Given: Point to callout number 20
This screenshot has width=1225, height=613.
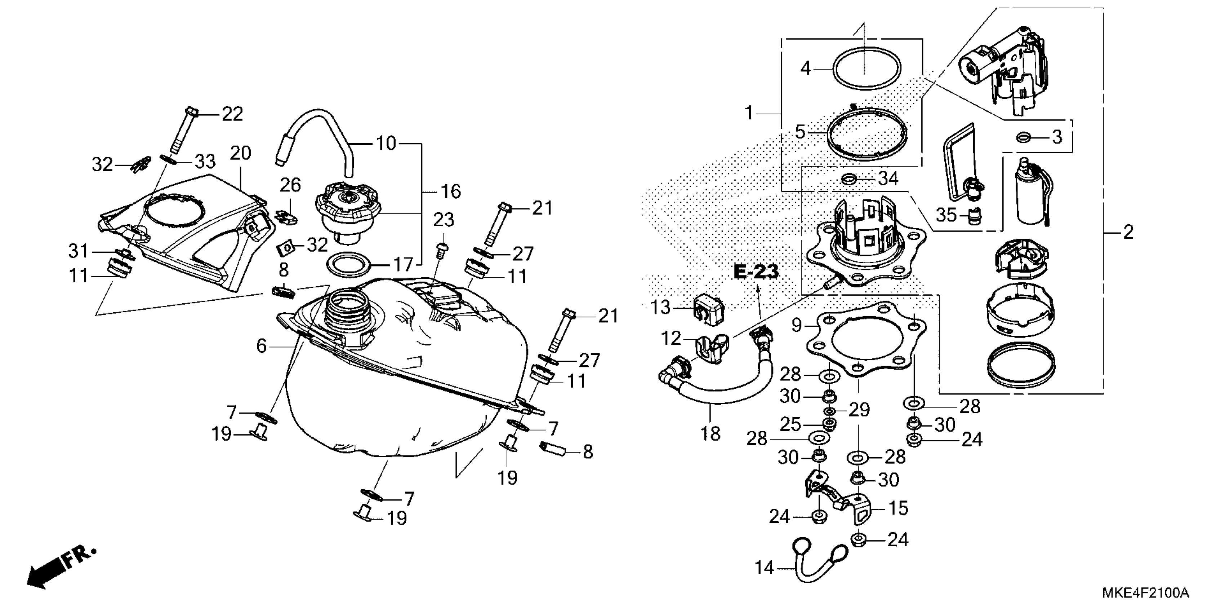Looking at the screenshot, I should point(240,153).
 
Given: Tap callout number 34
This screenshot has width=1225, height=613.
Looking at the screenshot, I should point(887,179).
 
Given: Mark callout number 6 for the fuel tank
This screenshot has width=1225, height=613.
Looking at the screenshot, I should point(261,346).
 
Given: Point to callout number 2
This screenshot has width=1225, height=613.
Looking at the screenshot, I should point(1128,232).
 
